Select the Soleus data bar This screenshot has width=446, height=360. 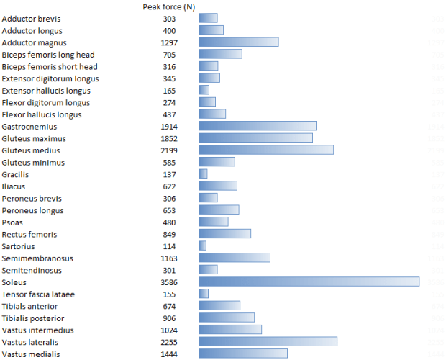pos(309,282)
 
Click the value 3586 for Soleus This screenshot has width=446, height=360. pos(169,282)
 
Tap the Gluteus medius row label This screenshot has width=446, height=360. pos(31,150)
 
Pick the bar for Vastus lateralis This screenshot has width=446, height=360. pos(268,341)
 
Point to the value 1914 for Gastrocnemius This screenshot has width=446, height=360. pos(169,127)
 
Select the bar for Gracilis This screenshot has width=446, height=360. pos(203,174)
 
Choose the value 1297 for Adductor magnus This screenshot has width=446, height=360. pos(169,42)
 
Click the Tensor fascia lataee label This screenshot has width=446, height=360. pos(38,294)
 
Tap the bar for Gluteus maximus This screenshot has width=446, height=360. pos(255,138)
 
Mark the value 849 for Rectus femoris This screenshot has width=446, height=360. pos(169,234)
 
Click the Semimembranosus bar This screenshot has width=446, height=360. pos(235,258)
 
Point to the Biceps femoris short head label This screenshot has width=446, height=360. pos(50,66)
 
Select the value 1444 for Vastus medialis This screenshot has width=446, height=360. pos(169,354)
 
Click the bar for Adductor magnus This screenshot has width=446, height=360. pos(238,42)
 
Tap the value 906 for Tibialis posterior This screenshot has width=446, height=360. pos(169,318)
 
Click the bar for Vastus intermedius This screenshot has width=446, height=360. pos(230,330)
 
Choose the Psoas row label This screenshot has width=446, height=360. pos(13,222)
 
